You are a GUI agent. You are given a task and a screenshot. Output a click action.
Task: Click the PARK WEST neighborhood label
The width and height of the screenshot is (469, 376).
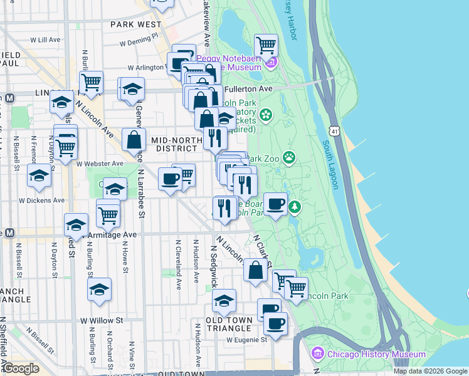tap(135, 24)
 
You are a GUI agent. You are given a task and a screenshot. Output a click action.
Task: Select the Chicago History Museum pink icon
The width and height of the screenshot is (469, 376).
tap(317, 354)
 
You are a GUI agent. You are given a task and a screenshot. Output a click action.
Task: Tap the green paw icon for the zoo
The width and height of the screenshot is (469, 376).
tap(289, 157)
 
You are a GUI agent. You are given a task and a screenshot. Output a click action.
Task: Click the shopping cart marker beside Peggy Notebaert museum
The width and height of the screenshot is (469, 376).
tap(266, 45)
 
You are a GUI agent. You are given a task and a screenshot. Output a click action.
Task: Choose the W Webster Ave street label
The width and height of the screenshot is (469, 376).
tap(100, 164)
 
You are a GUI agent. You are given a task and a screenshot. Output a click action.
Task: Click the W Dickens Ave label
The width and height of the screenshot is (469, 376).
tap(41, 201)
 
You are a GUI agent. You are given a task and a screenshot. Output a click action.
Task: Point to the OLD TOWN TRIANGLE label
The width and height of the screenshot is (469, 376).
tap(229, 324)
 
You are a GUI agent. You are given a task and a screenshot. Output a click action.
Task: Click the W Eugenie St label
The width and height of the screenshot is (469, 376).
tap(247, 340)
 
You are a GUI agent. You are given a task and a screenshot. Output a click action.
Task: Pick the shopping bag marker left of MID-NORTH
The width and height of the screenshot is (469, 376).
tap(134, 140)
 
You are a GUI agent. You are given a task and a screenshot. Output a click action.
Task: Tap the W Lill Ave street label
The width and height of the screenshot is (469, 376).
tap(48, 39)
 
